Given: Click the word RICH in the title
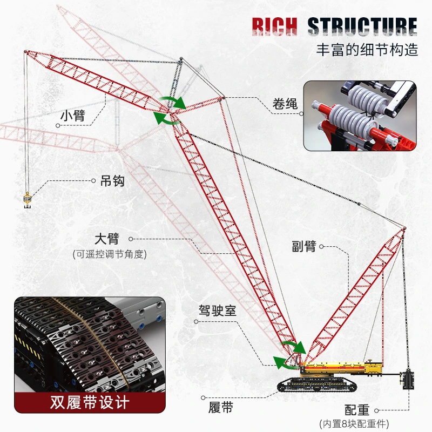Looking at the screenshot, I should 275,26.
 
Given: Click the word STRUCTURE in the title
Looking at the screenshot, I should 362,26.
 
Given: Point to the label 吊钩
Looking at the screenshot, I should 112,181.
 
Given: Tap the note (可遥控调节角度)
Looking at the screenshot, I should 110,254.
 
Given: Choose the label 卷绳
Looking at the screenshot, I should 285,104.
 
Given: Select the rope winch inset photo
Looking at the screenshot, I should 360,116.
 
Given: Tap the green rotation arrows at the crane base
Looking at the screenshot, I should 289,355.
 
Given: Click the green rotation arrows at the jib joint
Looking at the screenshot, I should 171,111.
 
